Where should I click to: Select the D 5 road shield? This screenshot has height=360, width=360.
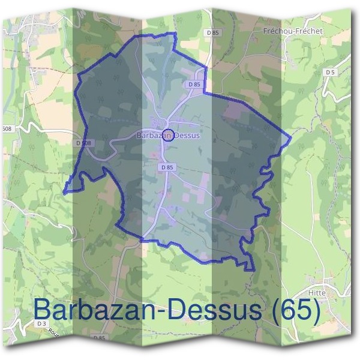[329, 72]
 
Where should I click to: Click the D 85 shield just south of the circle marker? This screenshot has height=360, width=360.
[167, 167]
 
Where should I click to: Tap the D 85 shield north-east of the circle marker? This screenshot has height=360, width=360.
[194, 85]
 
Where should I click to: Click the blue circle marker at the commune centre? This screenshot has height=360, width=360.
[168, 134]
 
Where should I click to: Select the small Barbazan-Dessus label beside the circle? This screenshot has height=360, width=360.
[167, 136]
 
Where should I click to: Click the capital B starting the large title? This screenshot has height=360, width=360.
[44, 310]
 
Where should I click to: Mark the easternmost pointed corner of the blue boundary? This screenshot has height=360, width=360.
[291, 139]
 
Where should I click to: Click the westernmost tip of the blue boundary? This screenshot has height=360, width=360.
[63, 193]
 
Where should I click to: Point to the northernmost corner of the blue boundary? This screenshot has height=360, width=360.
[175, 33]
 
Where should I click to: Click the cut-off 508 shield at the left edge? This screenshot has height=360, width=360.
[6, 128]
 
